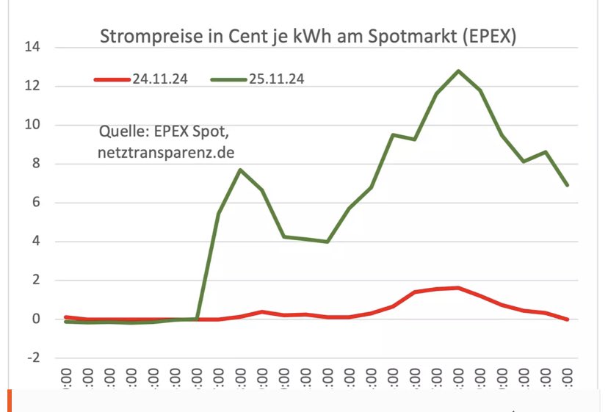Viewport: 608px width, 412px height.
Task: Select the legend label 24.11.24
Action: [x=160, y=79]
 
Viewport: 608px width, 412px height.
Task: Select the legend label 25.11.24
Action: [x=276, y=79]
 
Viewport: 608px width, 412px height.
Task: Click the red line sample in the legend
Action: [x=112, y=79]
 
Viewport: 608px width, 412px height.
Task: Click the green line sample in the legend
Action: [x=228, y=79]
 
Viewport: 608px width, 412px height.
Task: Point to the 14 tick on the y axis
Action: [x=32, y=48]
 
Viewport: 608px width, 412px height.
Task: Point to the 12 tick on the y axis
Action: [x=32, y=87]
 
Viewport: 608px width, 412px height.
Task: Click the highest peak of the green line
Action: [x=459, y=71]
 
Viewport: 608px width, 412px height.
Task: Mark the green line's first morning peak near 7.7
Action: [x=241, y=170]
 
